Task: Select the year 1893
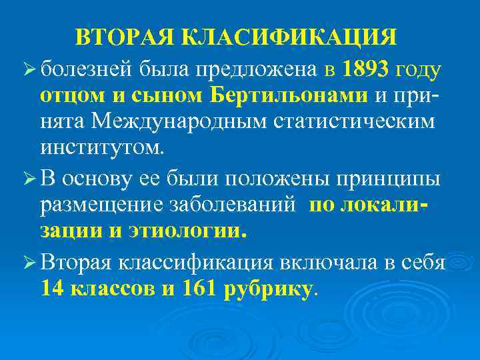point(366,68)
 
